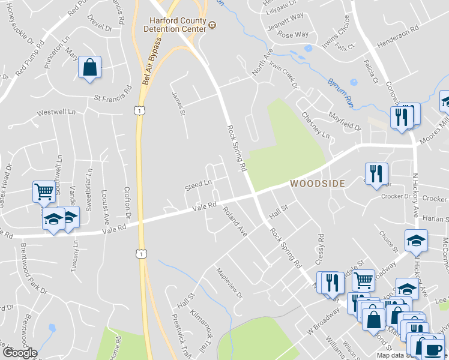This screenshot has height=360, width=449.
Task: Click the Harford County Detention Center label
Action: click(x=178, y=23)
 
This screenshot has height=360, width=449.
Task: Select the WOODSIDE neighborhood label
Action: click(x=318, y=184)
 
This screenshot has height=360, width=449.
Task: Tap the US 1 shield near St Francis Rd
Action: click(x=139, y=110)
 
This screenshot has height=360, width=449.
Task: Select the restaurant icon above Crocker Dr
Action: click(x=376, y=173)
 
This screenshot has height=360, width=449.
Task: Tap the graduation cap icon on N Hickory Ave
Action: click(x=416, y=240)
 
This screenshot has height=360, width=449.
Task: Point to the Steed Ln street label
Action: click(x=199, y=185)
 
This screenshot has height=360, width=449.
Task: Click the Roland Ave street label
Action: click(x=234, y=220)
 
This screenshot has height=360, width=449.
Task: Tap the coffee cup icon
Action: click(x=432, y=349)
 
